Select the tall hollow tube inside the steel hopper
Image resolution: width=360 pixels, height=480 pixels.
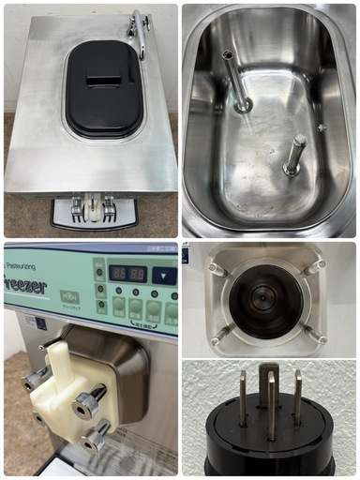pos(235,81)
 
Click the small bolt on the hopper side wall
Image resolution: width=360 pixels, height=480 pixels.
pos(321,127)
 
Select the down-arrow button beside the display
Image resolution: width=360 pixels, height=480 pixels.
pos(163,275)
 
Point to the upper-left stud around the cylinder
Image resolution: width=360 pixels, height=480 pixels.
pos(217,270)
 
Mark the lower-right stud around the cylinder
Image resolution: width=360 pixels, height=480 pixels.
pos(317,335)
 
